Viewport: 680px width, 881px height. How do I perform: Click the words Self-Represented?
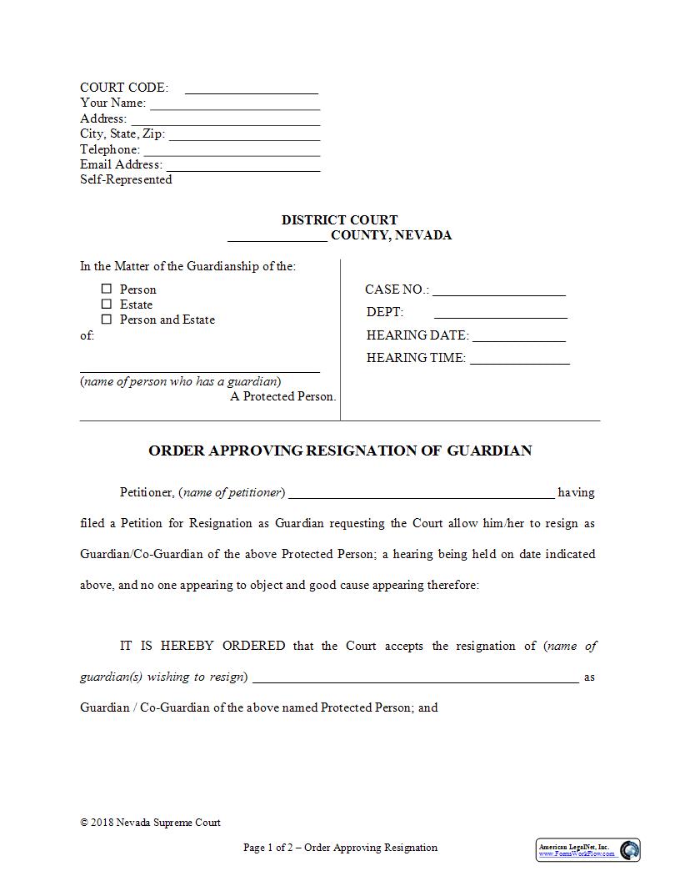click(x=126, y=179)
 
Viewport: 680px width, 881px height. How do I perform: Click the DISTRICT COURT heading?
click(x=339, y=220)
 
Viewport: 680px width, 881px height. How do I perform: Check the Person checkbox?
click(x=106, y=289)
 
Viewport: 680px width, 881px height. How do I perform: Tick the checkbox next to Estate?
click(x=106, y=304)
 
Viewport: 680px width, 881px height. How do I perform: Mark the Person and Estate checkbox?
click(x=106, y=319)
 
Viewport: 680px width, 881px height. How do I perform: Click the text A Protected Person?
click(x=283, y=396)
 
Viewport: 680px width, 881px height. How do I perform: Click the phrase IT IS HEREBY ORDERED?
click(x=202, y=646)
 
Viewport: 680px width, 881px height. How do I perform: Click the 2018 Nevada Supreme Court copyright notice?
click(x=150, y=823)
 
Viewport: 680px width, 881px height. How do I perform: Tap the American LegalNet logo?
click(x=587, y=850)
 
